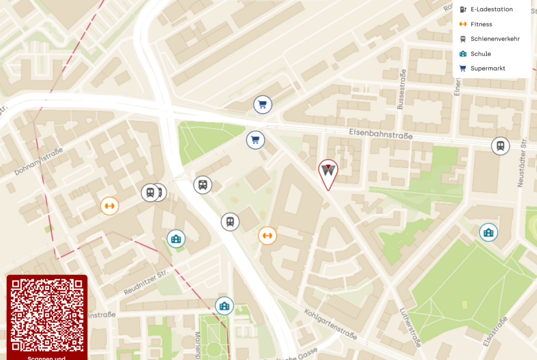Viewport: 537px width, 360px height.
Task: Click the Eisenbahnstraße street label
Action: click(380, 133)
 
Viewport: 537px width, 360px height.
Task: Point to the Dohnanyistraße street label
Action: click(38, 161)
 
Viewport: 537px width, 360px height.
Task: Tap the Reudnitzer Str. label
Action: click(146, 282)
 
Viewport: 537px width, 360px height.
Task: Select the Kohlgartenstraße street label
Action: click(330, 324)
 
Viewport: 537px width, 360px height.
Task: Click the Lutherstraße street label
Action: click(410, 327)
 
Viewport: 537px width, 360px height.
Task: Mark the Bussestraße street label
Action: click(402, 89)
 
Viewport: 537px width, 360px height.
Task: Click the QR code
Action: click(47, 314)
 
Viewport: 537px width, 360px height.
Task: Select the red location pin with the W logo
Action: click(328, 172)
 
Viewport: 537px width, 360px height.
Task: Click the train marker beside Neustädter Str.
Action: click(500, 146)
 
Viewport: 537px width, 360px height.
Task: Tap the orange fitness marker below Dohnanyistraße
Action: click(110, 206)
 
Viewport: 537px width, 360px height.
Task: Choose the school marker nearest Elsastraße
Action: click(488, 233)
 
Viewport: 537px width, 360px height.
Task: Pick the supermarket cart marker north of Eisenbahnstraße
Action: click(263, 105)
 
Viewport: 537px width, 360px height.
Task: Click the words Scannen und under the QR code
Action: click(47, 358)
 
